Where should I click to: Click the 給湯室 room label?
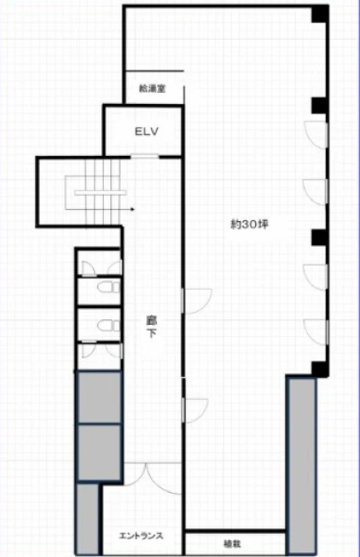(x=152, y=88)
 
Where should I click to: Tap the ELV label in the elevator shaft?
(x=147, y=132)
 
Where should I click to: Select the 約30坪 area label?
(x=250, y=224)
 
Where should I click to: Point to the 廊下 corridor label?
(x=151, y=327)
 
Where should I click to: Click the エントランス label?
(x=141, y=536)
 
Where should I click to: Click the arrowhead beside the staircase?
(x=133, y=209)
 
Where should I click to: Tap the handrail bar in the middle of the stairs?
(x=100, y=193)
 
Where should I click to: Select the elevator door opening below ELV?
(x=145, y=156)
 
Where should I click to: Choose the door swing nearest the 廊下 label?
(x=197, y=301)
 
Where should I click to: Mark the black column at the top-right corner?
(x=320, y=14)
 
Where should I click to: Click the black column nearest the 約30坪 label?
(x=319, y=238)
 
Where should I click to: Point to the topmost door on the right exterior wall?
(x=315, y=135)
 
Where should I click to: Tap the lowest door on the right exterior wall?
(x=315, y=332)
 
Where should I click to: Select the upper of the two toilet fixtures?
(x=109, y=287)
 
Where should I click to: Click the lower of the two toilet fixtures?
(x=109, y=326)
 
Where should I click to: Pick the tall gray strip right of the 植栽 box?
(x=302, y=465)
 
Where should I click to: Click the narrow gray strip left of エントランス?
(x=87, y=519)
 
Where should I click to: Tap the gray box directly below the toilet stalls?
(x=99, y=397)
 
